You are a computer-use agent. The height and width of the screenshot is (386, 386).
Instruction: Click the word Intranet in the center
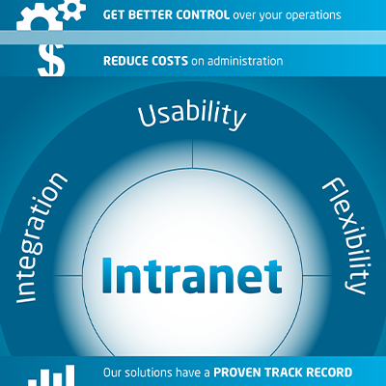(x=192, y=275)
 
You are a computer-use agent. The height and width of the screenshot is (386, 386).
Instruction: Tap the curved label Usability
(x=192, y=115)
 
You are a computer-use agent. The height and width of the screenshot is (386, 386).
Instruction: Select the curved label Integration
(x=41, y=238)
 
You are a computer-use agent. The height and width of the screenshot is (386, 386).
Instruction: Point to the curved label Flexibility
(x=347, y=236)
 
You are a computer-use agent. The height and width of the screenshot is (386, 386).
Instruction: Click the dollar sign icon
(x=51, y=61)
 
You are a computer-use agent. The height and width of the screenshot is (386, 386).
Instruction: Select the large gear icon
(x=39, y=20)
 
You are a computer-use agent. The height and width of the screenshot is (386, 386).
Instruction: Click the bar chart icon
(x=51, y=375)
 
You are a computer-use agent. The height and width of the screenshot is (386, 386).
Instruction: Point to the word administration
(x=245, y=61)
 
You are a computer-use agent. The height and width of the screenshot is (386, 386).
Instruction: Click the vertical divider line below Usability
(x=192, y=153)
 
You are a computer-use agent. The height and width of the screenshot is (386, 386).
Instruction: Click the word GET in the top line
(x=113, y=14)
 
